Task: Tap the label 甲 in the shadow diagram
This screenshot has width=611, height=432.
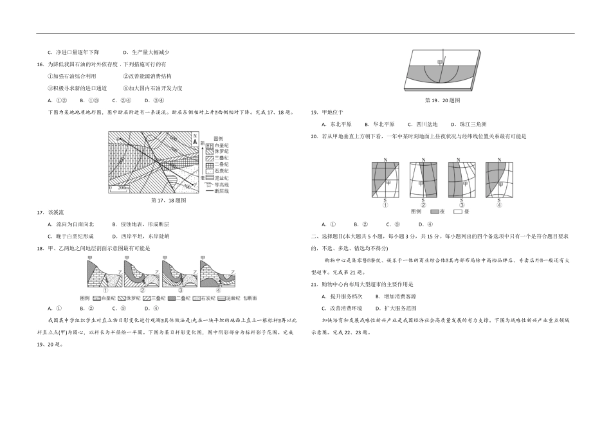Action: pos(441,62)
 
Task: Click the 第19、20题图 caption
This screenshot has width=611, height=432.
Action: pos(442,100)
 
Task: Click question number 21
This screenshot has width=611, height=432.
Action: pos(314,283)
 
